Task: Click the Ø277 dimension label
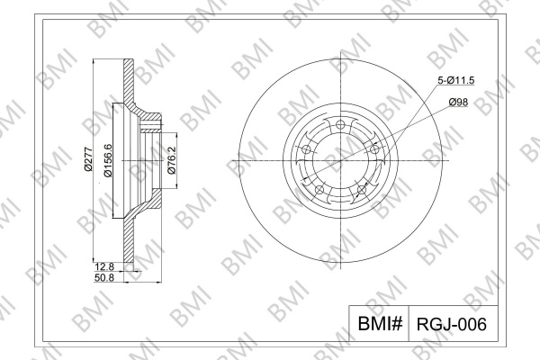point(88,158)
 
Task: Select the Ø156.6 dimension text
point(108,160)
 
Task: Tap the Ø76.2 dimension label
point(172,160)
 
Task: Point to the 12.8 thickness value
point(104,266)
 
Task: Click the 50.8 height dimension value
point(104,277)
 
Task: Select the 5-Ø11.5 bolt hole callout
point(455,81)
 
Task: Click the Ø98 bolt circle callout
point(458,102)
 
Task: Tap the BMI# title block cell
point(380,323)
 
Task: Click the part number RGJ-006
point(452,324)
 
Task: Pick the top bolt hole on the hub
point(340,125)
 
